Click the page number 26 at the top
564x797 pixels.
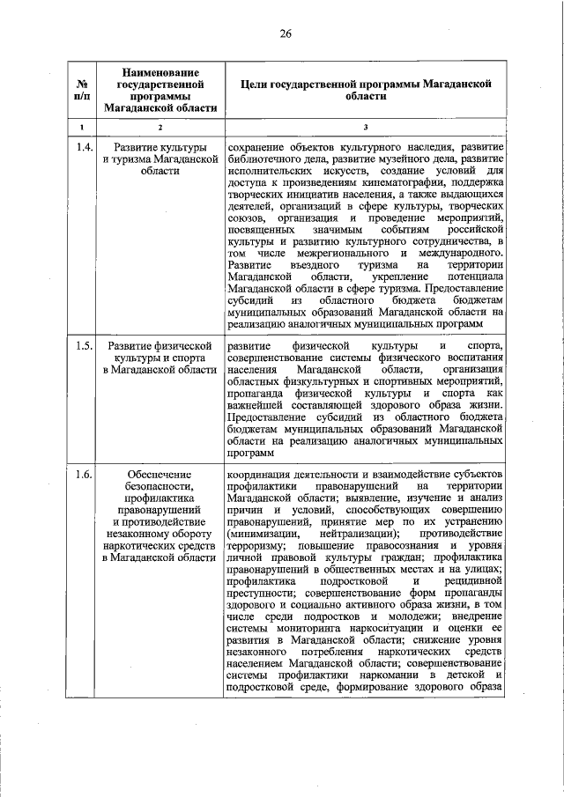coord(285,33)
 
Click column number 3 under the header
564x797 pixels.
coord(365,129)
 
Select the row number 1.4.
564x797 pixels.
coord(84,146)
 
